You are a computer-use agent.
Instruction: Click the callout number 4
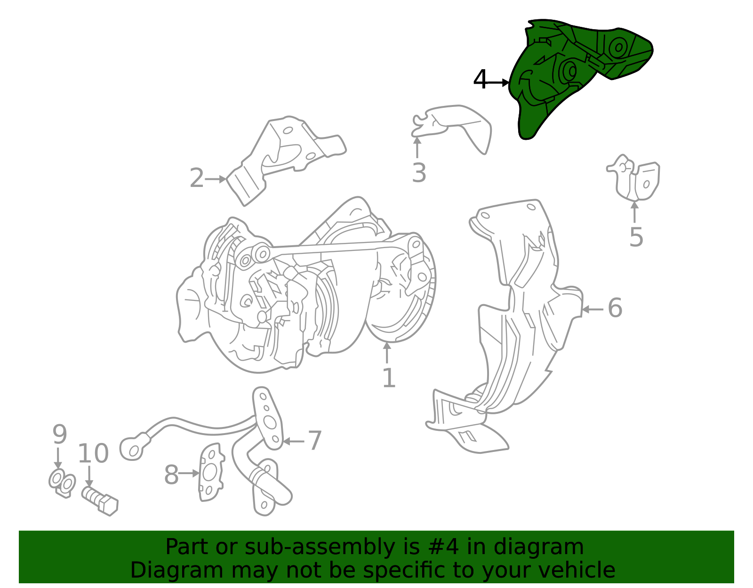(480, 80)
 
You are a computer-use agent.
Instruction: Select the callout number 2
(196, 178)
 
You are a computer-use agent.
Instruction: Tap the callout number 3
(419, 173)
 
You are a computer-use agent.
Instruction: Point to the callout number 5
(636, 237)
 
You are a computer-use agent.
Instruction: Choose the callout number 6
(615, 308)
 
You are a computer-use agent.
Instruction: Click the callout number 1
(389, 378)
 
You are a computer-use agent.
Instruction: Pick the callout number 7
(315, 441)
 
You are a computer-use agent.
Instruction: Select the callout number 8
(171, 475)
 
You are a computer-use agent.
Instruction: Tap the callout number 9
(59, 434)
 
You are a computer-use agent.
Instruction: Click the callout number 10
(93, 453)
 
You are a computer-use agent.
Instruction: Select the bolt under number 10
(100, 501)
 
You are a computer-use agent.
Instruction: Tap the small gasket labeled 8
(211, 472)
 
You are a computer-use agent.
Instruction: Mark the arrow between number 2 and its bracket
(216, 179)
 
